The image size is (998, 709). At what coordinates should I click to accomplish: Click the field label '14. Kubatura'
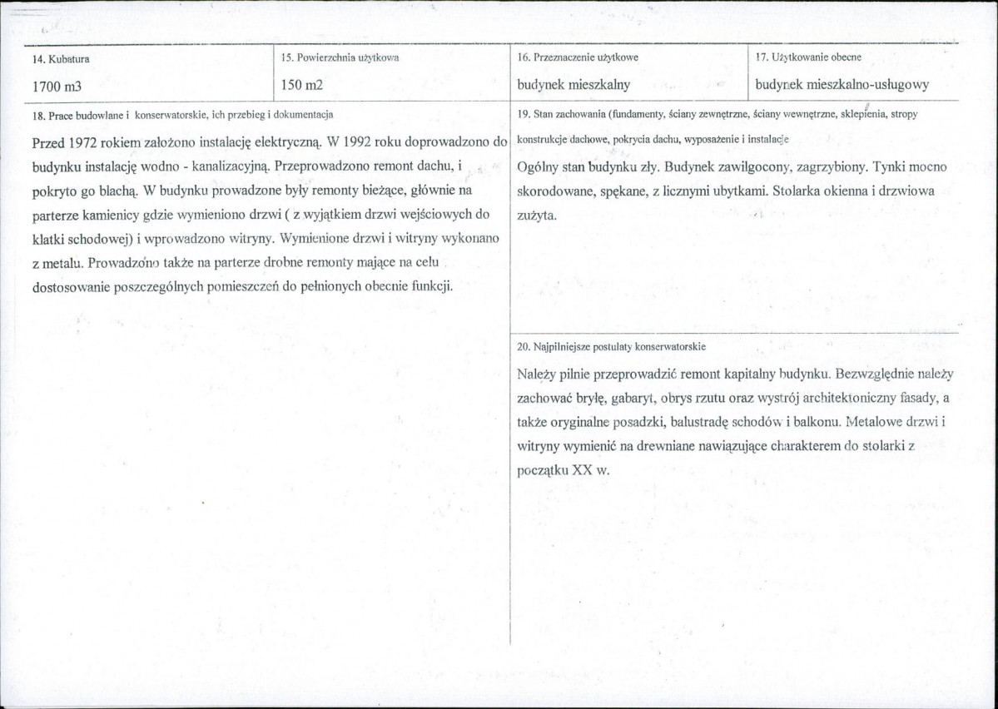pyautogui.click(x=61, y=59)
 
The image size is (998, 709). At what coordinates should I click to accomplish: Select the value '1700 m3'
pyautogui.click(x=57, y=86)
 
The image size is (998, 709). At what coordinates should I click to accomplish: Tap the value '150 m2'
pyautogui.click(x=301, y=86)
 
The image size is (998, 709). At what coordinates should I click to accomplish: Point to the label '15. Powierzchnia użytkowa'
pyautogui.click(x=340, y=58)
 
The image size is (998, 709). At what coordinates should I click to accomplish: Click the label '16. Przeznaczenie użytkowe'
pyautogui.click(x=578, y=57)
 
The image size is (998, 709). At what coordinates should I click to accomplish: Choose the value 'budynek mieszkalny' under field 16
pyautogui.click(x=573, y=85)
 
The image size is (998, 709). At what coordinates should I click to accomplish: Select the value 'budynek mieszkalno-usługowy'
pyautogui.click(x=842, y=85)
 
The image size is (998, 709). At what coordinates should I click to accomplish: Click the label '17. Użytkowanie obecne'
pyautogui.click(x=807, y=57)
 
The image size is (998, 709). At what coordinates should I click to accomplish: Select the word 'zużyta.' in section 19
pyautogui.click(x=537, y=216)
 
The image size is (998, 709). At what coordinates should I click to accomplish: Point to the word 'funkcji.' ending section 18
pyautogui.click(x=431, y=287)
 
